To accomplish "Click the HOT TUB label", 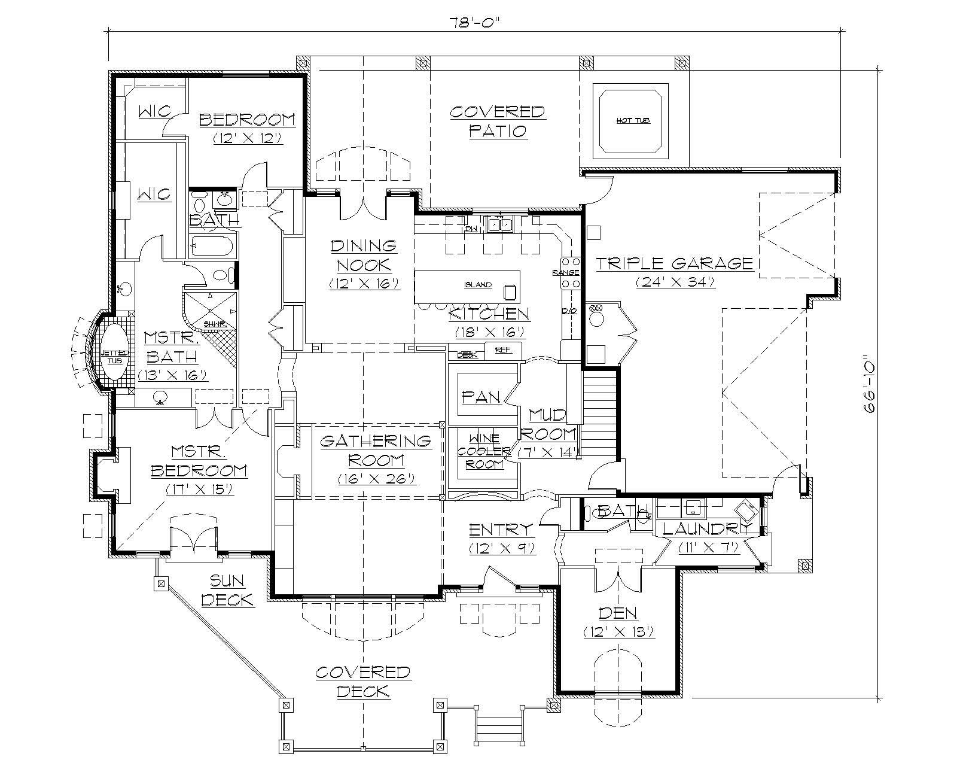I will click(x=633, y=120).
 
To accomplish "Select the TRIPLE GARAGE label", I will click(x=674, y=263).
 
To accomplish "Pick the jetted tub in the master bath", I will click(x=113, y=354).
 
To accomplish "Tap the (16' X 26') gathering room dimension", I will click(x=376, y=479).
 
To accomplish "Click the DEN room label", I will click(x=618, y=613).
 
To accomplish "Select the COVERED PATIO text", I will click(x=497, y=121).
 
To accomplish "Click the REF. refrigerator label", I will click(x=504, y=351).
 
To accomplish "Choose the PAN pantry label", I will click(x=481, y=397).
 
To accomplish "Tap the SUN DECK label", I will click(x=227, y=590).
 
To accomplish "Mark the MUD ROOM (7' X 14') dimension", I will click(x=549, y=452).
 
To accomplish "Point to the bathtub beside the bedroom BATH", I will click(x=213, y=246).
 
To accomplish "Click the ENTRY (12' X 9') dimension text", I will click(x=501, y=548).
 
